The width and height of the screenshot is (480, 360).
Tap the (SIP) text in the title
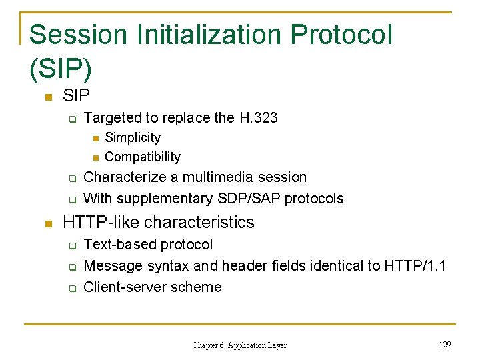[x=61, y=67]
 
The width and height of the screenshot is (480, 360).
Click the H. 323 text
[x=258, y=118]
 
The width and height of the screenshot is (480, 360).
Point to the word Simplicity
[x=133, y=137]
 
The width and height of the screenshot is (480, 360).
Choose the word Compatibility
[x=143, y=157]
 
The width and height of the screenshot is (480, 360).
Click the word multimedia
[x=217, y=177]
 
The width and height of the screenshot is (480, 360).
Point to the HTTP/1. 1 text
[x=415, y=266]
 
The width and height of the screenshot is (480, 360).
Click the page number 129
[x=445, y=344]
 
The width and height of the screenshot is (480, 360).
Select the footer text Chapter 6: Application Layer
[x=239, y=345]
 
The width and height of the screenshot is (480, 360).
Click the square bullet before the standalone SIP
[x=47, y=97]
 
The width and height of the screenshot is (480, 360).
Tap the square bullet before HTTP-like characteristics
[x=47, y=223]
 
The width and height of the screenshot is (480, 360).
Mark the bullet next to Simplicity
[x=95, y=139]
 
